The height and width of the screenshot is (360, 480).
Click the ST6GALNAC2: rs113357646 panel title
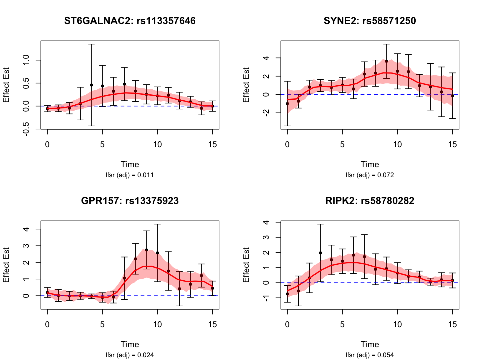pyautogui.click(x=130, y=21)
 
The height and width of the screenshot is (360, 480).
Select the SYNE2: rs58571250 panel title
pyautogui.click(x=370, y=21)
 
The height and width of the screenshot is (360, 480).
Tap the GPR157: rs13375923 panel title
pyautogui.click(x=130, y=201)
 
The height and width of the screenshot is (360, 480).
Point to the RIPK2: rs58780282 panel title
pyautogui.click(x=370, y=201)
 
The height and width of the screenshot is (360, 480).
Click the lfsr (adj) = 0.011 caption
pyautogui.click(x=130, y=175)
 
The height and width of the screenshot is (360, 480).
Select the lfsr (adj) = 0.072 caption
pyautogui.click(x=370, y=175)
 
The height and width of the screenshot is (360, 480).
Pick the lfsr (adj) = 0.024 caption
pyautogui.click(x=130, y=355)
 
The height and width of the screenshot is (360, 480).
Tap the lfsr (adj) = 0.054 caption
pyautogui.click(x=370, y=355)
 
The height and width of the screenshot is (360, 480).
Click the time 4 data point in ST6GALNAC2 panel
pyautogui.click(x=91, y=85)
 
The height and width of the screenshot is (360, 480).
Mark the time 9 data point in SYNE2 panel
pyautogui.click(x=386, y=61)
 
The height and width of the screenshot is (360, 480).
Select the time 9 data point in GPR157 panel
pyautogui.click(x=146, y=250)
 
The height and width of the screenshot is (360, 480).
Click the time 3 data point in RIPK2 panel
pyautogui.click(x=320, y=253)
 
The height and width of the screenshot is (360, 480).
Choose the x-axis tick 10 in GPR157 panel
pyautogui.click(x=157, y=324)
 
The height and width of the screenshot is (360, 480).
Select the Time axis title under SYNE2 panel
pyautogui.click(x=370, y=165)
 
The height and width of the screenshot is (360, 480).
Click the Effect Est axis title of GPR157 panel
pyautogui.click(x=6, y=265)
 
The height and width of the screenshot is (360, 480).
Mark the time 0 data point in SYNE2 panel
pyautogui.click(x=287, y=103)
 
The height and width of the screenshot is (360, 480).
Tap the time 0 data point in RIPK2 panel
pyautogui.click(x=287, y=294)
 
